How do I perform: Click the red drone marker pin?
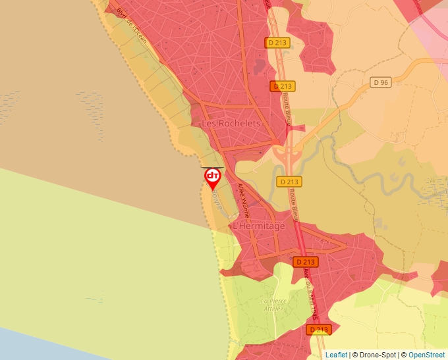tap(212, 178)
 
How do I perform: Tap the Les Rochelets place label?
tap(231, 123)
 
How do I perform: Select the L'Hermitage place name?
tap(259, 226)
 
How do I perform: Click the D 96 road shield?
tap(381, 82)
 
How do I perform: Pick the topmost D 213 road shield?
tap(277, 42)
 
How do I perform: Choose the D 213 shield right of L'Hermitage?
tap(305, 261)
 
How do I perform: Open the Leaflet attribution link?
tap(336, 355)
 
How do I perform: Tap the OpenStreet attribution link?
tap(426, 355)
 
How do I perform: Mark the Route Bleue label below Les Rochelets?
tap(287, 108)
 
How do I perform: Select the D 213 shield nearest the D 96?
tap(283, 86)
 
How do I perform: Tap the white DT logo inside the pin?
tap(212, 175)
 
